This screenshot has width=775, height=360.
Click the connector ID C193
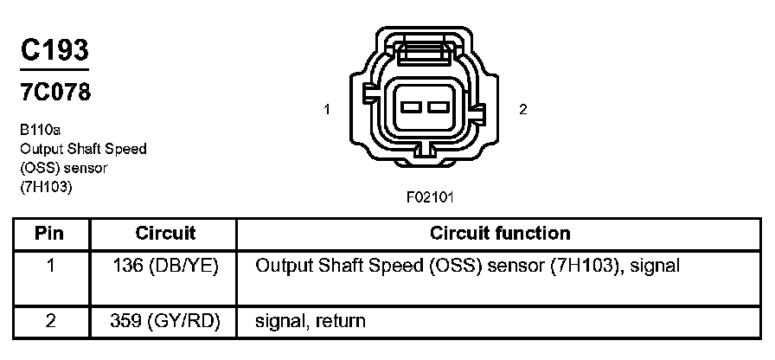click(55, 50)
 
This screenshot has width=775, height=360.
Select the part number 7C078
click(55, 92)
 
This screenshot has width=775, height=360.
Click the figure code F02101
click(430, 196)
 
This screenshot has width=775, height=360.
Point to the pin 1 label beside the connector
click(327, 109)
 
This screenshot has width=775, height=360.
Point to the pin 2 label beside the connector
click(522, 109)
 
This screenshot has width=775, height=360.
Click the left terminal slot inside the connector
click(409, 109)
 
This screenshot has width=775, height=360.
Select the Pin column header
click(50, 234)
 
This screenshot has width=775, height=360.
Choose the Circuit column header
click(165, 234)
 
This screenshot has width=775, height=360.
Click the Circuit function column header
click(499, 234)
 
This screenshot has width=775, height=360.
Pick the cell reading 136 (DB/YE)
click(165, 266)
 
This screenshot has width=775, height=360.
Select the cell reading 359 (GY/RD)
click(165, 321)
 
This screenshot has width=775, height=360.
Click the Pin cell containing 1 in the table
click(50, 266)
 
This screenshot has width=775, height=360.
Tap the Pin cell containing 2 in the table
click(50, 321)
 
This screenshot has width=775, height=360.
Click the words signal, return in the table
click(310, 321)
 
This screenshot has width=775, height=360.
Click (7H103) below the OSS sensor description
click(46, 186)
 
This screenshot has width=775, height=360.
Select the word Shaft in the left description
click(79, 149)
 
